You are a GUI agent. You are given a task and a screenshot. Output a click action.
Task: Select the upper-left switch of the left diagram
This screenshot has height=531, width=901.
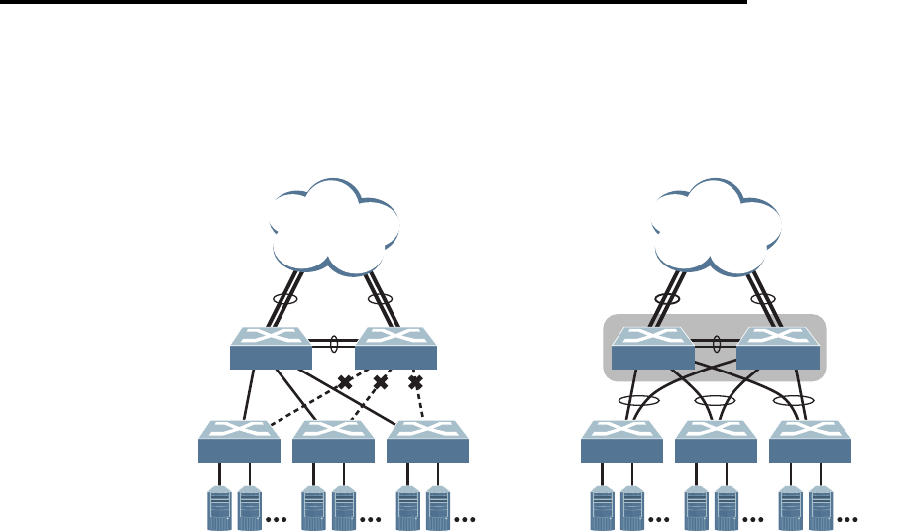tap(271, 347)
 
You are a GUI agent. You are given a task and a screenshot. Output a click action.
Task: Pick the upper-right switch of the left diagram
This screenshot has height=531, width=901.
tap(395, 347)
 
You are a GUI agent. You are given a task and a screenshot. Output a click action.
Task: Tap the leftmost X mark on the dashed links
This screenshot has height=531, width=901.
tap(345, 382)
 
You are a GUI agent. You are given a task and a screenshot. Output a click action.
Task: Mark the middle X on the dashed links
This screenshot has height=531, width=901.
tap(380, 382)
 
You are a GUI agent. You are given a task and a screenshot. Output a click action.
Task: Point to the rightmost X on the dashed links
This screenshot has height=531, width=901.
tap(415, 382)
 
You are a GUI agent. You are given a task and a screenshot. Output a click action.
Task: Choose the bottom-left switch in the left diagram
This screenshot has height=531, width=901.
tap(239, 442)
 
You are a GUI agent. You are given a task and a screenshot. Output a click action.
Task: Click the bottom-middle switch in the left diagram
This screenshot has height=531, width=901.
tap(333, 442)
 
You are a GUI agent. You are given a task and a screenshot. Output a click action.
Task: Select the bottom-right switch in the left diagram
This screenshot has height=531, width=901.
tap(427, 442)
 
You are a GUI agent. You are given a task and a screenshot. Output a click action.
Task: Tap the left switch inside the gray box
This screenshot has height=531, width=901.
tap(653, 349)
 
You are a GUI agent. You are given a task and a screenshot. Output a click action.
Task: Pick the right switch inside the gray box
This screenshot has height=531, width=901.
tap(778, 349)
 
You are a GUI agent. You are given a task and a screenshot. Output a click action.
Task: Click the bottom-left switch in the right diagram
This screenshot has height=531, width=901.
tap(621, 442)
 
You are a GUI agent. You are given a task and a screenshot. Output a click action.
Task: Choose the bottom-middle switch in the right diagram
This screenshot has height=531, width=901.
tap(716, 442)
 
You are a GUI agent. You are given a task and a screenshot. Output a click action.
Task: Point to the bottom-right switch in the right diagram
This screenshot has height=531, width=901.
tap(810, 442)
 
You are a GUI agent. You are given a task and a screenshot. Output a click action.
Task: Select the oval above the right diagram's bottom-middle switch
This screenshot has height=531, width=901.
tap(716, 402)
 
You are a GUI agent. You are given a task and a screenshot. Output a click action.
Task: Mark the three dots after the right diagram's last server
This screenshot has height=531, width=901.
tap(848, 517)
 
